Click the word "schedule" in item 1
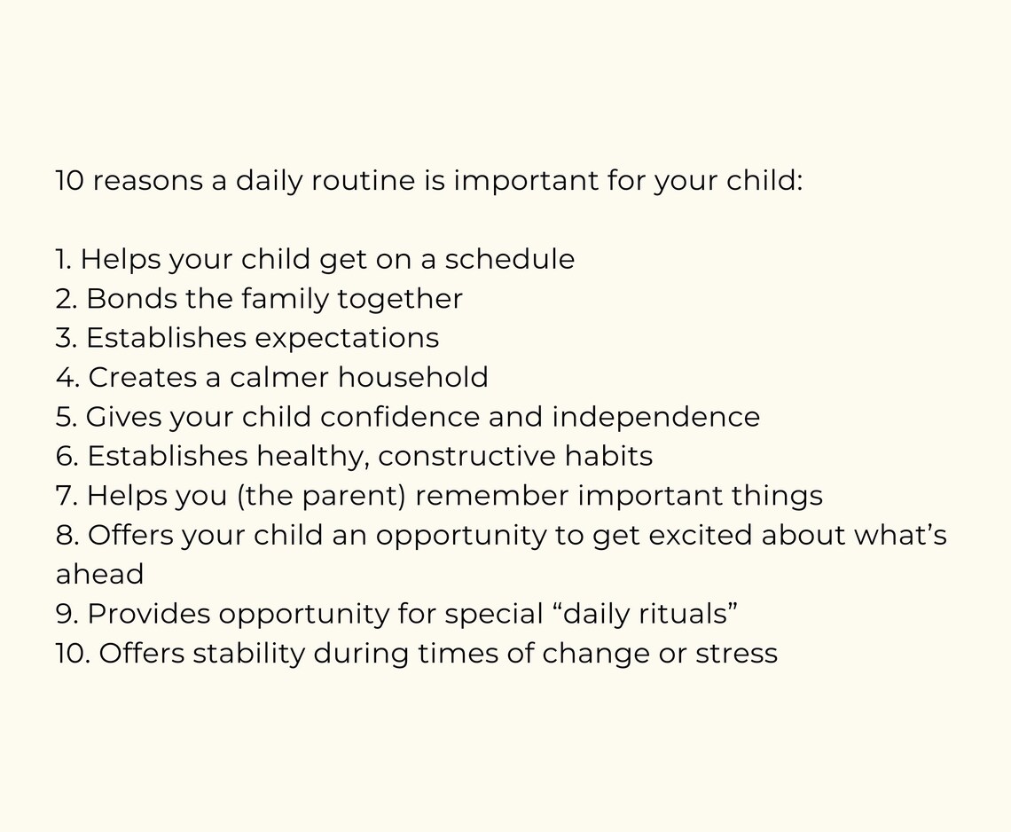pyautogui.click(x=509, y=259)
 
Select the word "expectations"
pyautogui.click(x=347, y=338)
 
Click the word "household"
pyautogui.click(x=412, y=377)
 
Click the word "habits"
pyautogui.click(x=612, y=456)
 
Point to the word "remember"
pyautogui.click(x=492, y=495)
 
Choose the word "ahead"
pyautogui.click(x=99, y=574)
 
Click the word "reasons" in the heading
pyautogui.click(x=146, y=180)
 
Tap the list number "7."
pyautogui.click(x=67, y=495)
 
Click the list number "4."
pyautogui.click(x=67, y=377)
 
